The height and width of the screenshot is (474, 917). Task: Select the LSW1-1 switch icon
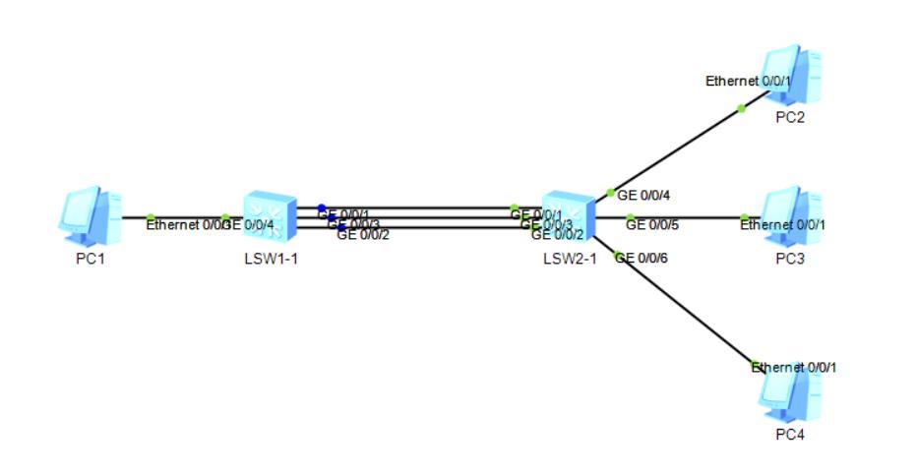click(271, 217)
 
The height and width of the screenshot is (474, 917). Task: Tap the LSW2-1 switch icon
click(569, 217)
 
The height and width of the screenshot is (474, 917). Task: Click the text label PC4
click(789, 435)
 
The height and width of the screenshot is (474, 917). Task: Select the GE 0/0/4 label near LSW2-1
click(644, 195)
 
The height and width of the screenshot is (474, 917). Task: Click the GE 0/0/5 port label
click(652, 225)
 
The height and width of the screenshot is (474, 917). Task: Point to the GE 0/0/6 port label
click(642, 258)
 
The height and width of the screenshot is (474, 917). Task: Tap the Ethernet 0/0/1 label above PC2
click(748, 82)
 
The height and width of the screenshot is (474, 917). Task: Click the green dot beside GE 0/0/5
click(631, 217)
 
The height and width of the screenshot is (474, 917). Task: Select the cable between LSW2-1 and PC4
click(689, 311)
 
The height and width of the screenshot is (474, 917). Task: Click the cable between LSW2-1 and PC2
click(679, 148)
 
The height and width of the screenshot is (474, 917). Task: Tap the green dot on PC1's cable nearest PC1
click(151, 218)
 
